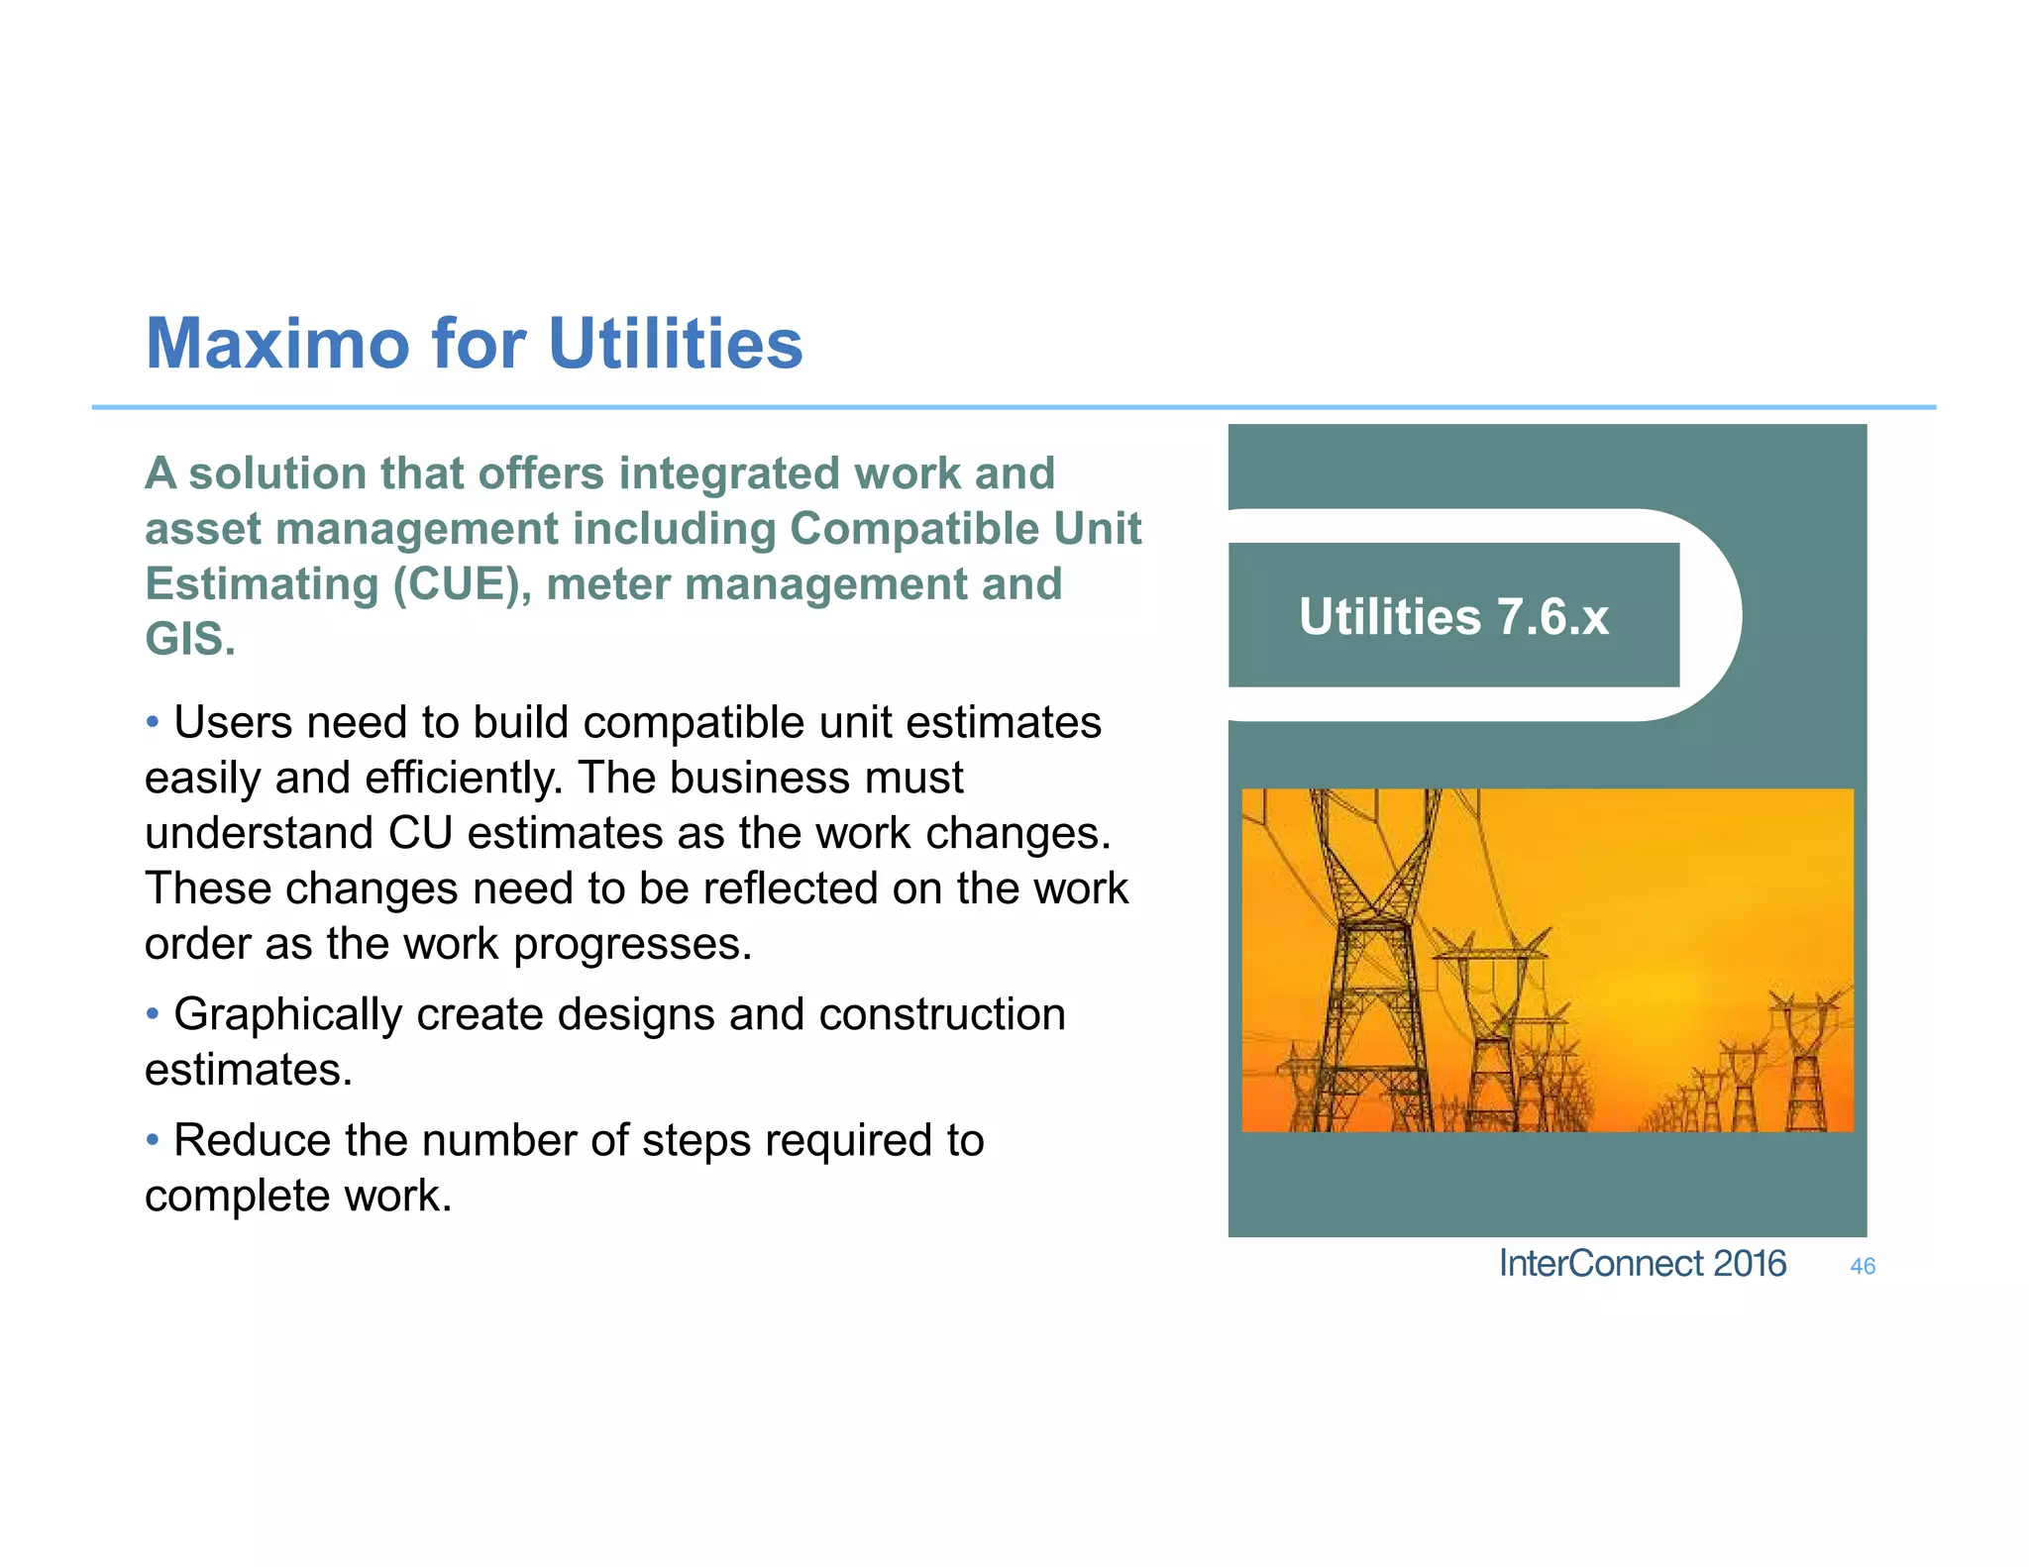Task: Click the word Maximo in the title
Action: (x=277, y=344)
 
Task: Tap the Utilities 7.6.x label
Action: (x=1452, y=616)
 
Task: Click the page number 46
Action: (x=1862, y=1266)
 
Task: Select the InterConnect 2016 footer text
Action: (x=1642, y=1264)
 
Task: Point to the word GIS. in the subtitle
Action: (x=190, y=639)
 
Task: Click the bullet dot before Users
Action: (x=153, y=722)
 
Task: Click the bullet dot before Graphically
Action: (x=153, y=1014)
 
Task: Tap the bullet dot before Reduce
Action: (x=153, y=1140)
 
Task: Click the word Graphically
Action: (x=286, y=1015)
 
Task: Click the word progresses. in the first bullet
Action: (x=632, y=944)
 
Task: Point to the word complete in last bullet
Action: (x=238, y=1196)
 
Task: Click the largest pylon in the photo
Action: (x=1372, y=971)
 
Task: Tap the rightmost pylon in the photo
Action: (x=1806, y=1065)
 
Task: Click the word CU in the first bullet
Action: (x=419, y=833)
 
